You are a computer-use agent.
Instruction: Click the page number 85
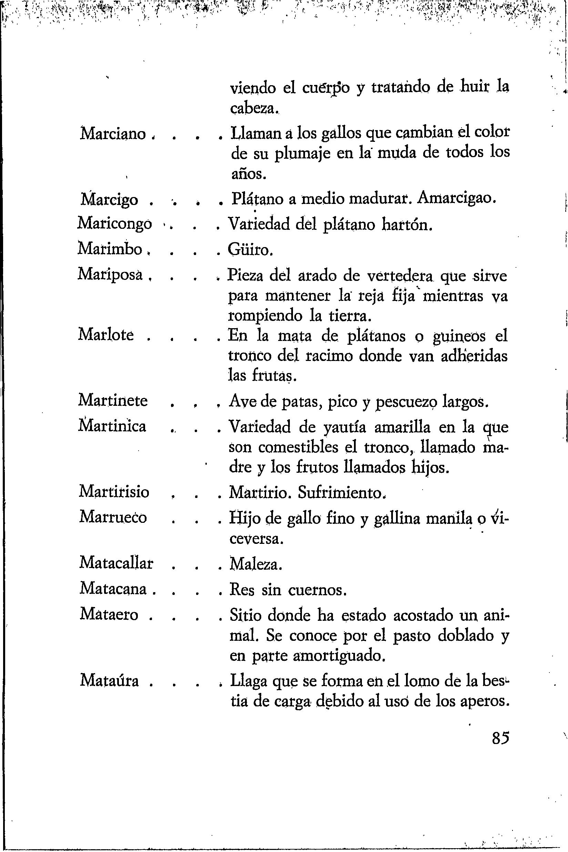501,738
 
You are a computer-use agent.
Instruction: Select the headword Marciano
113,135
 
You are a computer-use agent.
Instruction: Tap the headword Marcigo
109,200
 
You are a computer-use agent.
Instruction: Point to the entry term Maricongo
115,224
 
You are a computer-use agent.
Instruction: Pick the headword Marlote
106,334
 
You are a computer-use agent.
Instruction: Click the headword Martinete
113,401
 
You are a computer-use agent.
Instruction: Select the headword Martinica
112,426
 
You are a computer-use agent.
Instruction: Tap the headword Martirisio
114,492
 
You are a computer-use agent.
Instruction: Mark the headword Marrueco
113,517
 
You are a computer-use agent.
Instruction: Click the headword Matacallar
116,563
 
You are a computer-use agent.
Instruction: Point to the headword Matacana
113,588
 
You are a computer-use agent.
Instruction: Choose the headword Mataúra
109,680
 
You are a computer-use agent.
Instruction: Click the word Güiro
250,250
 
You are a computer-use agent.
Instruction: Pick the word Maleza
256,564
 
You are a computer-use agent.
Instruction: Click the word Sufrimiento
342,492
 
